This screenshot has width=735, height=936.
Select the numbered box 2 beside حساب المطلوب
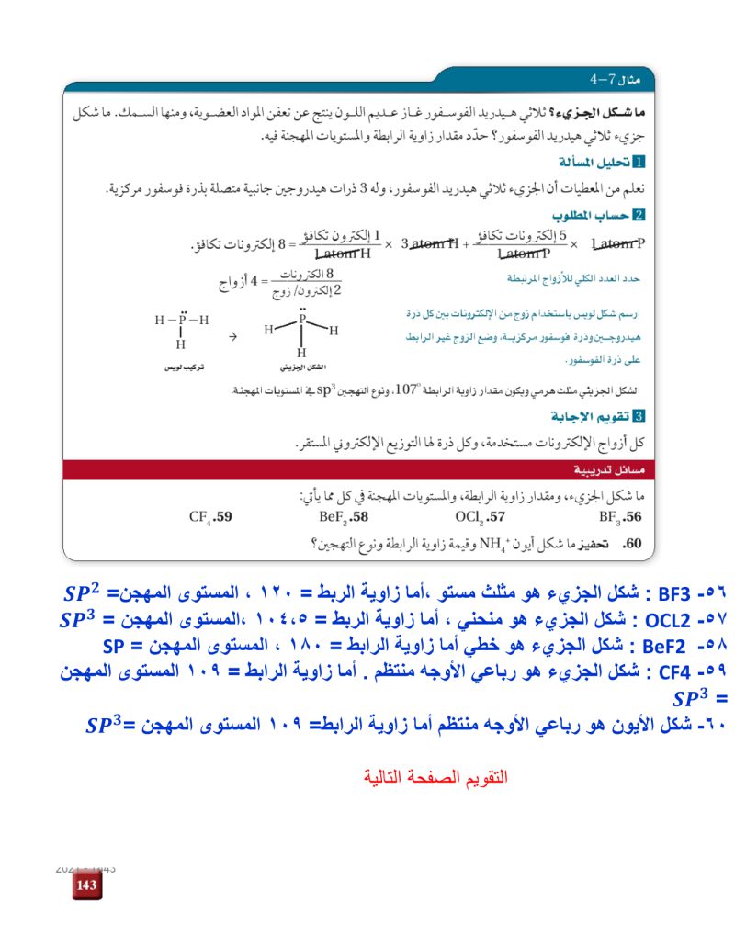[640, 215]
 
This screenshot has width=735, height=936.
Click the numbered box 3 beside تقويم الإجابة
[640, 415]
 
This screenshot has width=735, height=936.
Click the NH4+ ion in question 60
[476, 543]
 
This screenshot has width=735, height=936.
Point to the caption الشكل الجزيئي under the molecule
[299, 367]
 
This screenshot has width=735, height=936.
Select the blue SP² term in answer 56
[86, 591]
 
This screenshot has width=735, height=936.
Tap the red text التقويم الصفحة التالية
[435, 777]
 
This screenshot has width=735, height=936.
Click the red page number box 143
[86, 885]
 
